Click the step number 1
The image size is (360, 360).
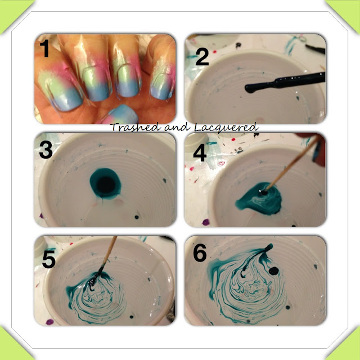point(45,48)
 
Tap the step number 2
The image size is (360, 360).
point(202,57)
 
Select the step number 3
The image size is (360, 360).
point(46,150)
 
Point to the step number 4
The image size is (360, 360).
point(200,152)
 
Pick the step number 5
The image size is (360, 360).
point(49,259)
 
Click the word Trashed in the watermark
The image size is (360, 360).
point(135,127)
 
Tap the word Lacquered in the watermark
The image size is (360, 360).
point(227,128)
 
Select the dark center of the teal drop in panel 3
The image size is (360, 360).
point(106,185)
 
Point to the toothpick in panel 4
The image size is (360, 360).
point(291,164)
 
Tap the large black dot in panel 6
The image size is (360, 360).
point(274,271)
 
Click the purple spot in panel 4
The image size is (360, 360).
point(206,222)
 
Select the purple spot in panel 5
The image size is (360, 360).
point(50,322)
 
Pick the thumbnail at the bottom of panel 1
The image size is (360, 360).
point(119,115)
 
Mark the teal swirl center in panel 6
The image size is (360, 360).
point(251,289)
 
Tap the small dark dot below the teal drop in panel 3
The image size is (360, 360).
point(137,217)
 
